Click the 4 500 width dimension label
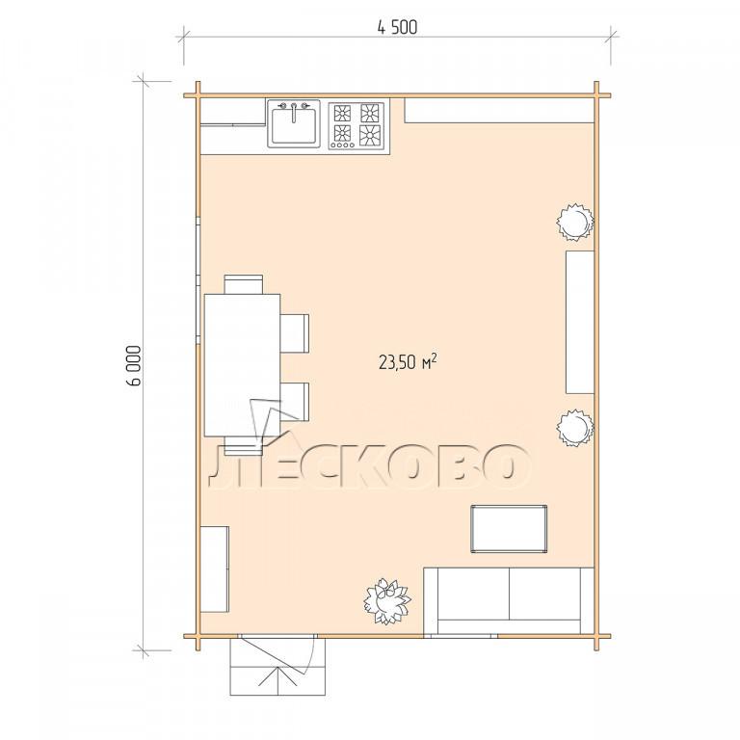tap(397, 27)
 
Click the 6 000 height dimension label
tap(134, 366)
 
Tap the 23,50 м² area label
tap(408, 362)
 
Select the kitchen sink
tap(294, 123)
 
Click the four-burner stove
tap(357, 125)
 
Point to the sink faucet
tap(294, 113)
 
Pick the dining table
tap(242, 365)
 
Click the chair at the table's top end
tap(244, 284)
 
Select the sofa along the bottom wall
tap(509, 600)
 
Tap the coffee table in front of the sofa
tap(509, 529)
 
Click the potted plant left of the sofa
tap(387, 601)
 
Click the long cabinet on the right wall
tap(579, 323)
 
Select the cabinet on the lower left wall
tap(215, 569)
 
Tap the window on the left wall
tap(198, 280)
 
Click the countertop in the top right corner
tap(499, 111)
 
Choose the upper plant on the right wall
tap(574, 222)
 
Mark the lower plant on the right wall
tap(574, 428)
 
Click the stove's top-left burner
tap(342, 114)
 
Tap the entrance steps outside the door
tap(277, 667)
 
